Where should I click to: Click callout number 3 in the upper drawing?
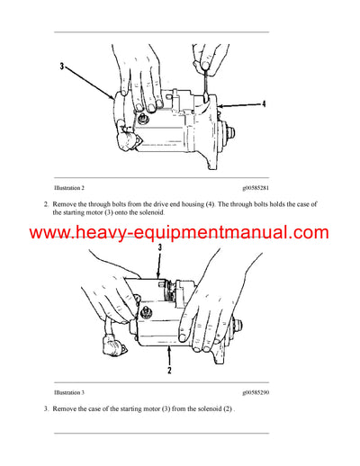click(x=62, y=67)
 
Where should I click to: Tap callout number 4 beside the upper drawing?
click(x=264, y=104)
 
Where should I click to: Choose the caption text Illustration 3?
click(x=69, y=393)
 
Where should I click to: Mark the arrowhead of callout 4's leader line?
click(x=219, y=105)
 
